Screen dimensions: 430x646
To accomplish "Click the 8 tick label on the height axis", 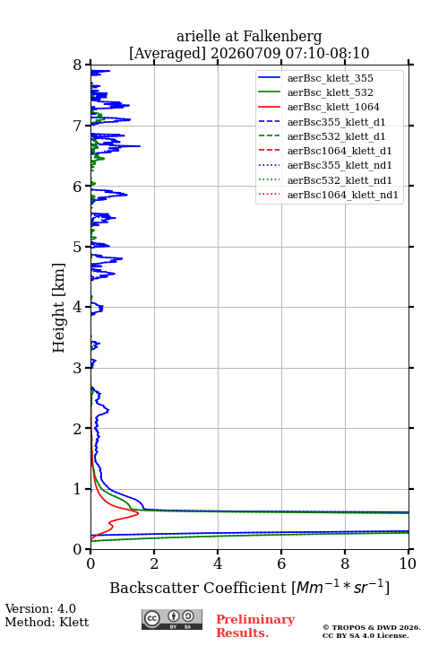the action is tap(78, 65).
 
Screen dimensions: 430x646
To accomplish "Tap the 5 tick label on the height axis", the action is tap(78, 247).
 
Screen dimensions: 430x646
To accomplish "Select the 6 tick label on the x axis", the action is tap(281, 563).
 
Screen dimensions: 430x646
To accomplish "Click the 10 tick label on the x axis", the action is tap(408, 563).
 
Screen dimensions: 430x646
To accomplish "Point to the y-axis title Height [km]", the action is tap(58, 308).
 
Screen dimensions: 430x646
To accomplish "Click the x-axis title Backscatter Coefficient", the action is tap(198, 588).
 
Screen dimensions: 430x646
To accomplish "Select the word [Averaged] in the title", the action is tap(168, 54).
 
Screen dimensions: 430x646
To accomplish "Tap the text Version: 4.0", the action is tap(40, 608).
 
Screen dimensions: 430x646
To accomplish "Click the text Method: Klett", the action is tap(47, 622).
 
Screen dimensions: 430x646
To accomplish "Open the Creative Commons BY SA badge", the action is tap(172, 619).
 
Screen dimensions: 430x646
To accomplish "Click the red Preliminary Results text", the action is tap(255, 626).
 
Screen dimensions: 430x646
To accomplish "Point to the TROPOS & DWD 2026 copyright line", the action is tap(372, 627).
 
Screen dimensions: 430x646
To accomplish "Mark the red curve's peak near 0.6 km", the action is tap(138, 513).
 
